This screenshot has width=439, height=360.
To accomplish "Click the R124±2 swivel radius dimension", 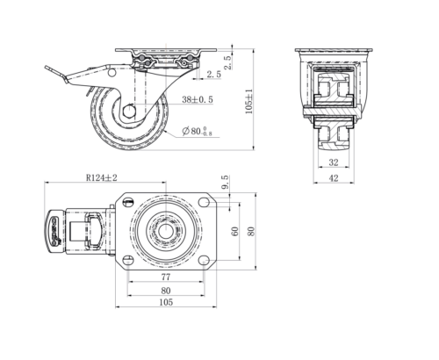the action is (x=102, y=177).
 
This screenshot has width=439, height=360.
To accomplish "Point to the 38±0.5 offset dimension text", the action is (x=198, y=99).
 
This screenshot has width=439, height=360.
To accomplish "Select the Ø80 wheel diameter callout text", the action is (x=197, y=131).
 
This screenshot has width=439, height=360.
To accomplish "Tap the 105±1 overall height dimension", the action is (x=248, y=101).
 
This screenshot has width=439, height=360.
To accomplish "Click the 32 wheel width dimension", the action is (x=334, y=162).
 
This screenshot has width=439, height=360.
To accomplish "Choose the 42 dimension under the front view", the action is (x=334, y=178).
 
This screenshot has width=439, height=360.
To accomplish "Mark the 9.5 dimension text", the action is (x=225, y=183).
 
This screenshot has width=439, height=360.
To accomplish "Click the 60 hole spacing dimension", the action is (x=234, y=231).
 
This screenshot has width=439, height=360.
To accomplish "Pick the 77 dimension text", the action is (x=166, y=277).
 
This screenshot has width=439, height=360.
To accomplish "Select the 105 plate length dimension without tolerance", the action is (x=166, y=302).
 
